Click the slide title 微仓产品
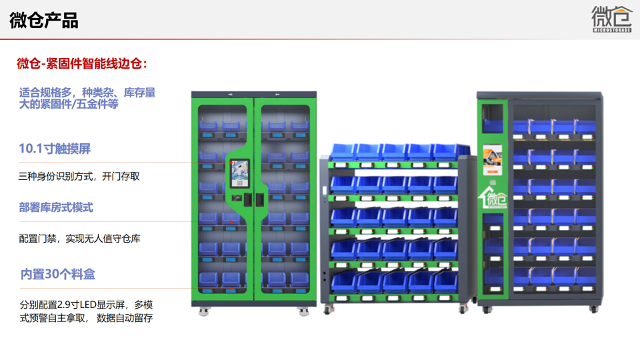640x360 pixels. coord(44,21)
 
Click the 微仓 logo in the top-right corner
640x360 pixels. coord(611,18)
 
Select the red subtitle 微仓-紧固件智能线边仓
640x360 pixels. coord(81,64)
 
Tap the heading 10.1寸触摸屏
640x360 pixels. coord(55,149)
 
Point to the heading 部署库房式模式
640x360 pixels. coord(56,207)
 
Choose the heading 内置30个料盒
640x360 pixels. coord(58,274)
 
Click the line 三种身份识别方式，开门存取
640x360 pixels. coord(79,177)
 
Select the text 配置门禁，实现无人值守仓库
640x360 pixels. coord(79,238)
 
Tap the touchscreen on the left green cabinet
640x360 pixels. coord(239,174)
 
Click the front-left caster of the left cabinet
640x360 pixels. coord(204,311)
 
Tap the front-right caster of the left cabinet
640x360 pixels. coord(304,311)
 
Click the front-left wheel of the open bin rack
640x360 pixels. coord(328,309)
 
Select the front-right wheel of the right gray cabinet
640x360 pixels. coord(593,309)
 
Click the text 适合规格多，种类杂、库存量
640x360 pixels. coord(87,93)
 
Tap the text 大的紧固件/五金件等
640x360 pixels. coord(69,105)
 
